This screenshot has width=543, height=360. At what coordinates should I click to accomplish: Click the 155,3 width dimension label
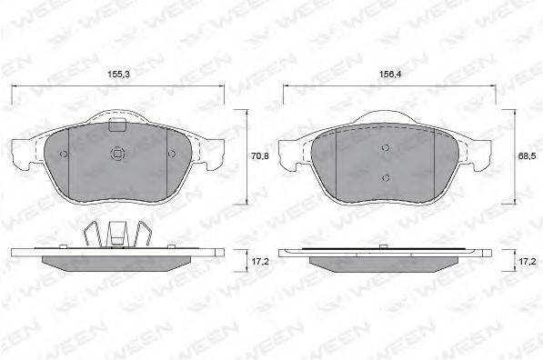pos(118,74)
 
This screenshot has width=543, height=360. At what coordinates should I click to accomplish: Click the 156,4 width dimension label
pos(390,74)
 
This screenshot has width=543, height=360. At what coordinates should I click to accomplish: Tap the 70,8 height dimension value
pos(260,156)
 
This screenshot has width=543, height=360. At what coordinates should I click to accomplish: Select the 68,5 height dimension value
pos(527,156)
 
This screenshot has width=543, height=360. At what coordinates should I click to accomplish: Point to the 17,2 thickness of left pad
pos(260,261)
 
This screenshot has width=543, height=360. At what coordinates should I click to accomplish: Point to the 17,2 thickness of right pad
pos(527,261)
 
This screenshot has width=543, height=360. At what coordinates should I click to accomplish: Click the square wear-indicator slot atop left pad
pos(117,125)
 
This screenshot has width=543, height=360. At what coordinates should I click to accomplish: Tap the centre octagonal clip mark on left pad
pos(117,154)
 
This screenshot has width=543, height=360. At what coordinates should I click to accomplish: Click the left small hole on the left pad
pos(64,154)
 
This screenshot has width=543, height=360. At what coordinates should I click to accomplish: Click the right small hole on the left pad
pos(171,154)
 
